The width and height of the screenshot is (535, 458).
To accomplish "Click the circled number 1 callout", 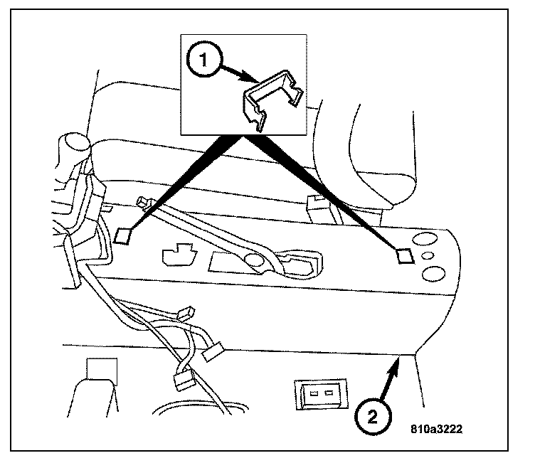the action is (x=204, y=60).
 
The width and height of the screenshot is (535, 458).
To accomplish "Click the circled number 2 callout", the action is (x=373, y=416).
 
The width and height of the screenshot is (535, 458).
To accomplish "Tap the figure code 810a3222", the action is (x=436, y=429).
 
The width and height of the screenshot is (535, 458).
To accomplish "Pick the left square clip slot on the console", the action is (x=123, y=236).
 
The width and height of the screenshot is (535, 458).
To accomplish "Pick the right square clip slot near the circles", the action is (x=405, y=256).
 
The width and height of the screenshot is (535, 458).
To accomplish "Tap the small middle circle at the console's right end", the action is (x=428, y=255).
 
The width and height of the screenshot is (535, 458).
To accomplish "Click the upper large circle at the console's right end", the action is (x=425, y=238).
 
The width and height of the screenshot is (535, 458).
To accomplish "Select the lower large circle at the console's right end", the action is (x=433, y=274).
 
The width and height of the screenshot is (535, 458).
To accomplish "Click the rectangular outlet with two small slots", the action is (x=322, y=393).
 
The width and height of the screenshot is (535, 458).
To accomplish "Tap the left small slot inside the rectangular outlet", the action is (x=314, y=393).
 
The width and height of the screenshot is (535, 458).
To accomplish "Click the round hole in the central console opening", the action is (x=254, y=260).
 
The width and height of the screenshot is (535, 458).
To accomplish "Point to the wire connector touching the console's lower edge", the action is (x=213, y=352).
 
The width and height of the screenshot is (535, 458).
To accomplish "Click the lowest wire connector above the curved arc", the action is (x=184, y=380).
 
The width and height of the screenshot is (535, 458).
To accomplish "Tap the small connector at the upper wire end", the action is (x=186, y=312).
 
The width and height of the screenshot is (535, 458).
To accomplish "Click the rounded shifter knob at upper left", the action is (x=75, y=143).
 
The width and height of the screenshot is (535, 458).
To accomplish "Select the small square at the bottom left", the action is (x=102, y=369).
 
